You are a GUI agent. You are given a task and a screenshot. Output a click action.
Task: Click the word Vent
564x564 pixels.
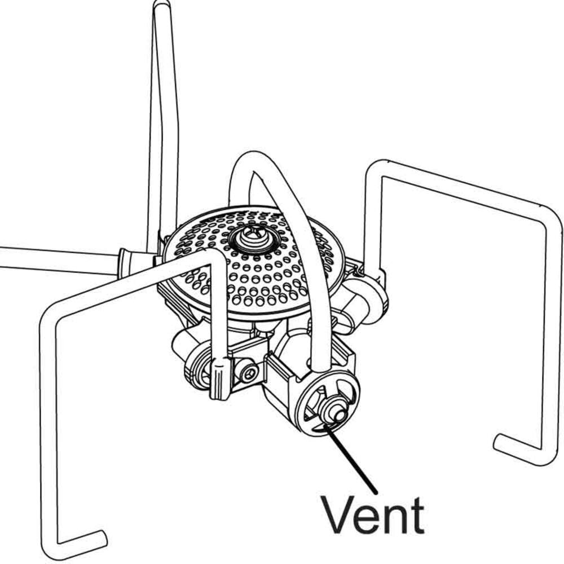point(372,514)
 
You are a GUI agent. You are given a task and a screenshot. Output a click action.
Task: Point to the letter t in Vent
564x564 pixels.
point(416,514)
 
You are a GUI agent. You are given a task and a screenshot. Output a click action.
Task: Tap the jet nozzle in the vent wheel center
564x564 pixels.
point(337,413)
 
